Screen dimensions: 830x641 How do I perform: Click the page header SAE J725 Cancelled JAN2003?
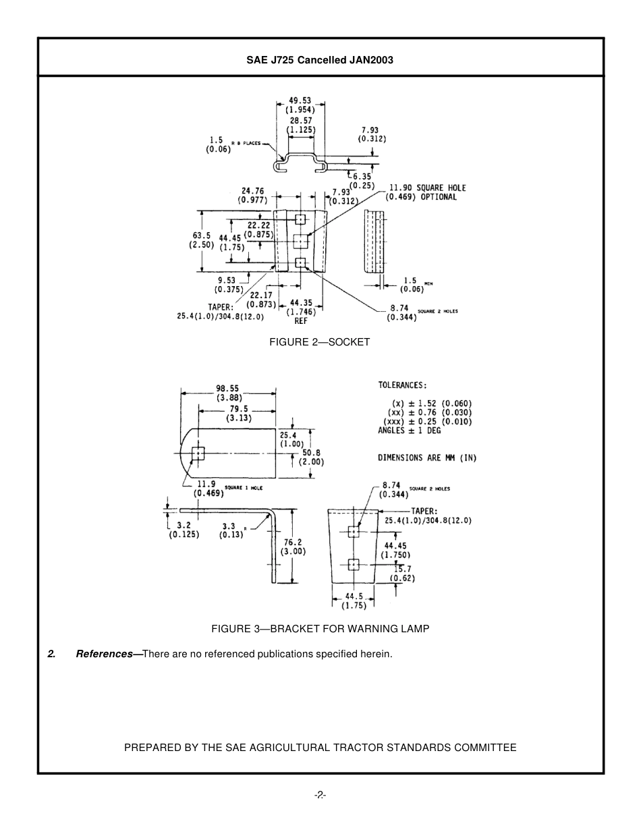tap(320, 59)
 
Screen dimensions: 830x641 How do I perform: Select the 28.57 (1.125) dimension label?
tap(301, 125)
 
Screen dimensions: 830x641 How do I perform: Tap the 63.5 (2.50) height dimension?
tap(202, 240)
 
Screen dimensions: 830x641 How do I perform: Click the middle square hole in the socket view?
tap(301, 240)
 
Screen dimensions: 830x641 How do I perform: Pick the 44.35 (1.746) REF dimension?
tap(301, 312)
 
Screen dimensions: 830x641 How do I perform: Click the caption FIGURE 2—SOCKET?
tap(320, 342)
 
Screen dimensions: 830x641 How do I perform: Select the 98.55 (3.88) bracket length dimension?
tap(228, 393)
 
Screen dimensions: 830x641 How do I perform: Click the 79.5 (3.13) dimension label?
tap(239, 413)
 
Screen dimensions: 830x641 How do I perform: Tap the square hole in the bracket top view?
tap(198, 453)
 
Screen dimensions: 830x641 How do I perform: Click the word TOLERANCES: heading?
tap(401, 385)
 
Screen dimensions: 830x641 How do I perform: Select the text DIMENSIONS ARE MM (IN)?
tap(426, 458)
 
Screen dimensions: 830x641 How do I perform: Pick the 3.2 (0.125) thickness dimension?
tap(184, 530)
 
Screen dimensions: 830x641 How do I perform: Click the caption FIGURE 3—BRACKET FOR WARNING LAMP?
tap(320, 629)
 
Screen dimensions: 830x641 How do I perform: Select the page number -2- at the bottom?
tap(320, 795)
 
